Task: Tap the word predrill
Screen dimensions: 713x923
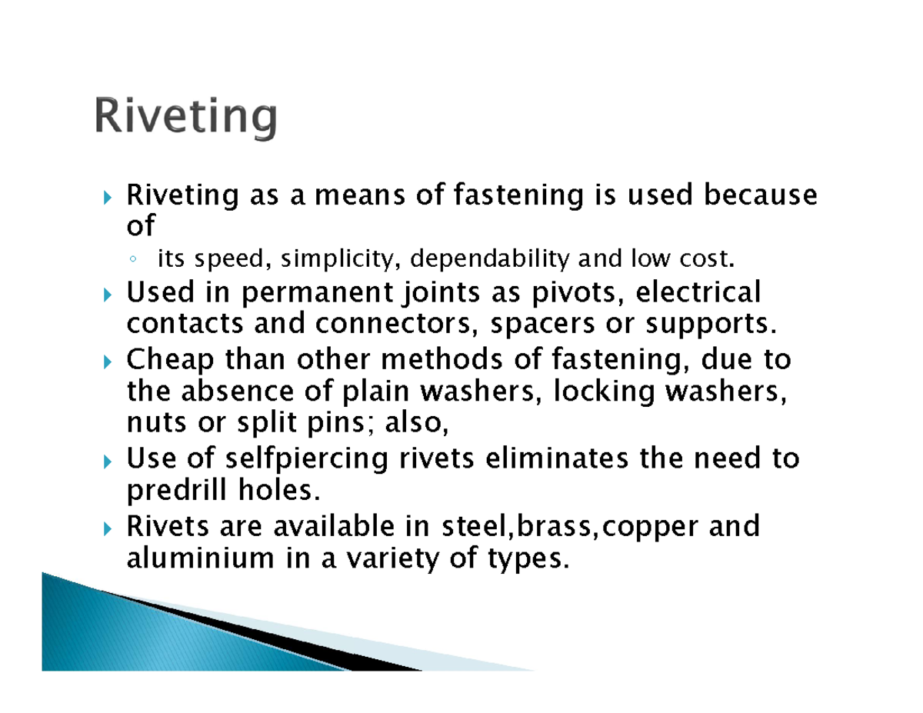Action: coord(171,491)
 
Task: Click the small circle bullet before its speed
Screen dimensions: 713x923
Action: coord(133,262)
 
